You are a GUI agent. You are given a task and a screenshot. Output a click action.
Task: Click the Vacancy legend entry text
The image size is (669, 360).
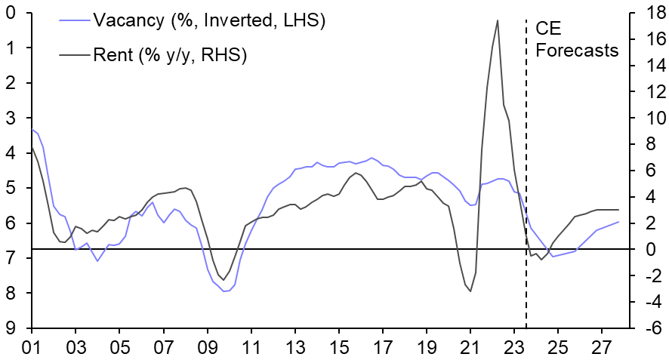pyautogui.click(x=208, y=21)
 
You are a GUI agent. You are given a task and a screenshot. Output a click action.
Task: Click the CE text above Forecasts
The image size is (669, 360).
pyautogui.click(x=549, y=29)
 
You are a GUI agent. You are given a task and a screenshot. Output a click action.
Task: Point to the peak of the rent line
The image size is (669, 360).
pyautogui.click(x=498, y=20)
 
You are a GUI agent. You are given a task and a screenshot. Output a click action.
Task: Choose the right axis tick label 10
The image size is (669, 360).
pyautogui.click(x=646, y=118)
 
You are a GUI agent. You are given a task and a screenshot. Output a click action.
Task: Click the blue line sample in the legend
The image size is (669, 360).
pyautogui.click(x=74, y=21)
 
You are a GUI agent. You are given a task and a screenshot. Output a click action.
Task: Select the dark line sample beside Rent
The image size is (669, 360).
pyautogui.click(x=74, y=54)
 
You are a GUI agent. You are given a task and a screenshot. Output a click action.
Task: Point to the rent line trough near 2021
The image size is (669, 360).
pyautogui.click(x=470, y=291)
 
